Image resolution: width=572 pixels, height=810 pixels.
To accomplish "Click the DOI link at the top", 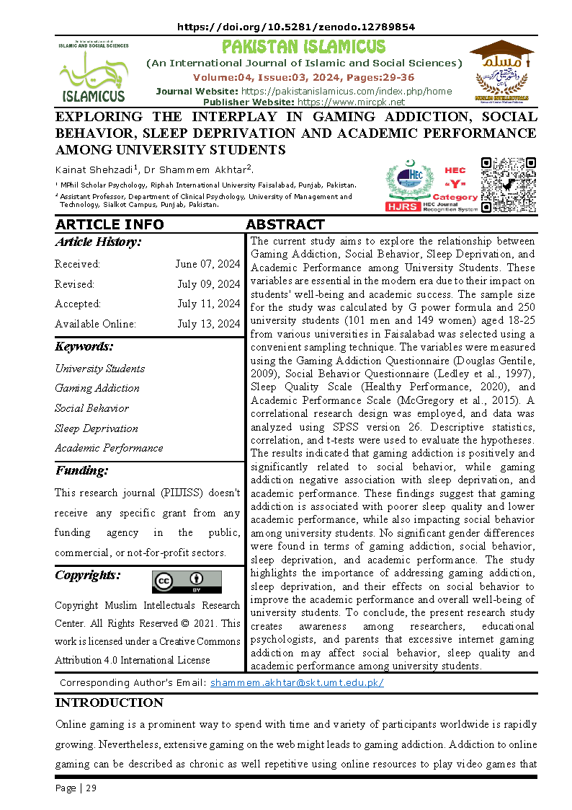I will tap(295, 27).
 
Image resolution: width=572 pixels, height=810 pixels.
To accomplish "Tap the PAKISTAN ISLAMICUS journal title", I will tap(303, 48).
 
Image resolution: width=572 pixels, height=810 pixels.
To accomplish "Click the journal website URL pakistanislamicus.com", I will tap(346, 91).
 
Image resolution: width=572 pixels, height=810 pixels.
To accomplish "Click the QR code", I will tap(508, 185).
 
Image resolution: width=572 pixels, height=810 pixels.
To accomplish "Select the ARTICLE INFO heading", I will tap(110, 224).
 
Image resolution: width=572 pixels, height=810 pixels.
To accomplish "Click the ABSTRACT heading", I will tap(285, 224).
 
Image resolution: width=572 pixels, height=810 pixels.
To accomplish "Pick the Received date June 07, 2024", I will tap(207, 264).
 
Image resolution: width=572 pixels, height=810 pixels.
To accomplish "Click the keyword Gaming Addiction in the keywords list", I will tap(97, 388).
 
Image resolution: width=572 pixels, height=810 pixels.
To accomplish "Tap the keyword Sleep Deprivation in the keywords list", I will tap(97, 428).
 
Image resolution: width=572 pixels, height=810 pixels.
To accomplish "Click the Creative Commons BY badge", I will tap(187, 581).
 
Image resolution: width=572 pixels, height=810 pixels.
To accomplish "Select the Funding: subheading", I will tap(82, 471).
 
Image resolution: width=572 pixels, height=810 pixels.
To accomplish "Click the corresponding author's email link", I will tap(297, 682).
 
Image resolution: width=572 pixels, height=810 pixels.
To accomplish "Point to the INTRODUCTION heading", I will tap(110, 703).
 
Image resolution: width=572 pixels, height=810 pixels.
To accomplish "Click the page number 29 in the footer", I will tap(91, 788).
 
